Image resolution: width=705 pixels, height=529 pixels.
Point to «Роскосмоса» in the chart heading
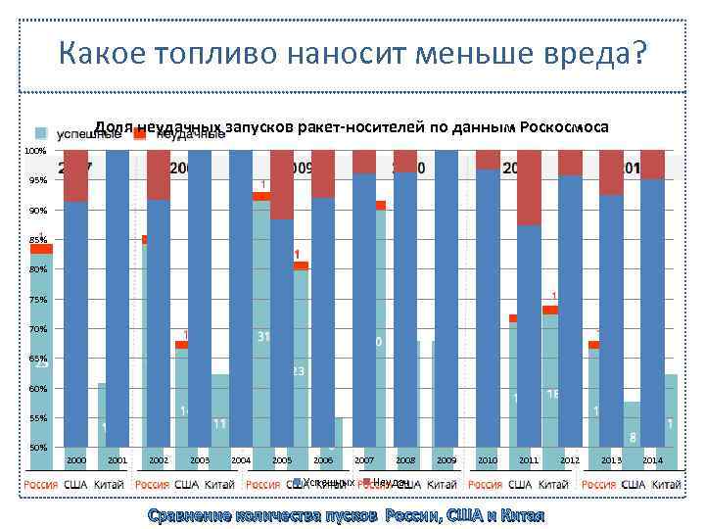565,127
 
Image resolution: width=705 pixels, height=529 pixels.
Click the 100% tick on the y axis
35,151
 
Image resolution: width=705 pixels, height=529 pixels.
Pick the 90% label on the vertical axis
37,211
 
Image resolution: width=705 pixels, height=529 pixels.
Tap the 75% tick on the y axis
37,300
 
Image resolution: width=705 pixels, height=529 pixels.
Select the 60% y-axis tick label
37,389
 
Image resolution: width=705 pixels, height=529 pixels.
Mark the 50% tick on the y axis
37,448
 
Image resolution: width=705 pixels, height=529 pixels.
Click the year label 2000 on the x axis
76,459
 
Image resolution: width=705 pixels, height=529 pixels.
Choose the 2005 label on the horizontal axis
282,459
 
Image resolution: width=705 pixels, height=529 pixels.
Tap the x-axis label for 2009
446,459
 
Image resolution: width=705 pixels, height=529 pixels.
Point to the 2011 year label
529,459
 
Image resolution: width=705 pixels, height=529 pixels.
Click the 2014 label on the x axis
652,459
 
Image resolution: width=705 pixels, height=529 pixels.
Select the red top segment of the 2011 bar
530,187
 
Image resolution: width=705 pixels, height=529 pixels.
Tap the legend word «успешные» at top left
81,134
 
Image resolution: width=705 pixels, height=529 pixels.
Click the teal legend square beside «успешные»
41,134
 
